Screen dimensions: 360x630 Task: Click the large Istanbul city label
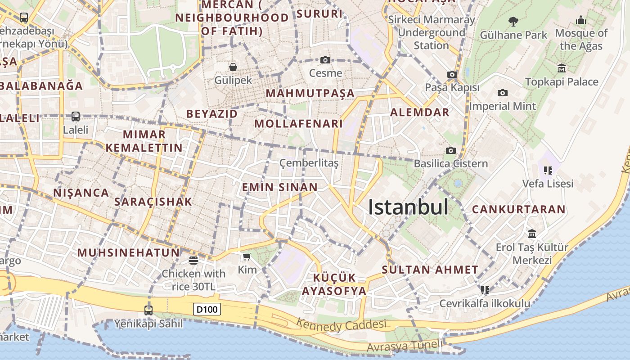pyautogui.click(x=408, y=207)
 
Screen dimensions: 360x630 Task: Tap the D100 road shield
pyautogui.click(x=207, y=309)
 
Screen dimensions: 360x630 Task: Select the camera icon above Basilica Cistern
pyautogui.click(x=450, y=150)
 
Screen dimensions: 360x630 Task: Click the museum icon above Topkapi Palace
pyautogui.click(x=562, y=68)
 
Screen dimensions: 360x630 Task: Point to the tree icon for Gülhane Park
pyautogui.click(x=513, y=21)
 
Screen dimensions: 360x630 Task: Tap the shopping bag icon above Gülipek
pyautogui.click(x=233, y=67)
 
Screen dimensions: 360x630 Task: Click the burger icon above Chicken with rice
pyautogui.click(x=193, y=260)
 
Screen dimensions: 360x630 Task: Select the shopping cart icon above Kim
pyautogui.click(x=247, y=257)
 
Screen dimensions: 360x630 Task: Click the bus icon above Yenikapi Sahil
pyautogui.click(x=148, y=310)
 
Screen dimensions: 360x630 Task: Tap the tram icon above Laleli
pyautogui.click(x=76, y=117)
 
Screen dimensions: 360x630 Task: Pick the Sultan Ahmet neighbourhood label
pyautogui.click(x=430, y=270)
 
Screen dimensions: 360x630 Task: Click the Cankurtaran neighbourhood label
pyautogui.click(x=518, y=209)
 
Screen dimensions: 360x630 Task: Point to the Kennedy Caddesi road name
pyautogui.click(x=341, y=324)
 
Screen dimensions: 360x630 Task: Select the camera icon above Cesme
pyautogui.click(x=325, y=60)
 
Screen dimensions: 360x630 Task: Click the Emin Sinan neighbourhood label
pyautogui.click(x=279, y=187)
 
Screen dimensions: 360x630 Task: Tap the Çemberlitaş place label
pyautogui.click(x=309, y=163)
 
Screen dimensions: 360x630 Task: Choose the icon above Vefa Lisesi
pyautogui.click(x=548, y=170)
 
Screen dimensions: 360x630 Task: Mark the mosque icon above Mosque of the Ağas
pyautogui.click(x=581, y=20)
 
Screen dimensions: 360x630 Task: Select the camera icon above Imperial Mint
pyautogui.click(x=502, y=93)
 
